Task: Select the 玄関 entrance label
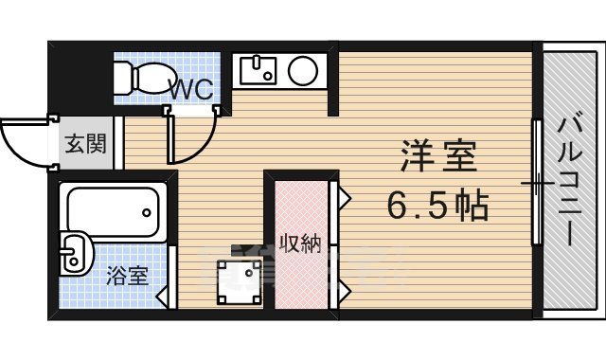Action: coord(83,145)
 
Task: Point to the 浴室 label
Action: coord(126,277)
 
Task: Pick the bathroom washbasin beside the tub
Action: coord(75,254)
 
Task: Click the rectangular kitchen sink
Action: coord(256,69)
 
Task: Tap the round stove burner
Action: coord(304,70)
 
